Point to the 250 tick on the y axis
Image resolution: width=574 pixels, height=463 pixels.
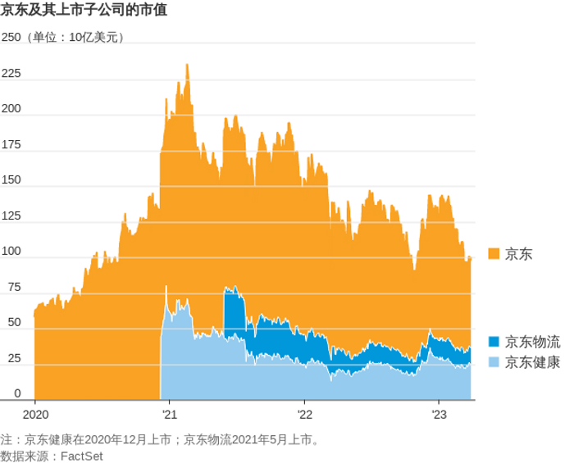[11, 38]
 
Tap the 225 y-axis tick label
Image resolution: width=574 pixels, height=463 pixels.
[11, 74]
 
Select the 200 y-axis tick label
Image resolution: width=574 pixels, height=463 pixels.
[11, 110]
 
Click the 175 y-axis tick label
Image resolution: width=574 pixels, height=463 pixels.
[11, 145]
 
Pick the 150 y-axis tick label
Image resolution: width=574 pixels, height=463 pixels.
[11, 180]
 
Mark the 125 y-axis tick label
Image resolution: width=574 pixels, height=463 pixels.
[11, 216]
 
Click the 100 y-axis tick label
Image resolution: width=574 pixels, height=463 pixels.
[11, 252]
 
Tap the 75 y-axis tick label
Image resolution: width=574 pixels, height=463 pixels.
[13, 288]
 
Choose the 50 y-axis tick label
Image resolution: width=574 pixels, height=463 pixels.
[13, 323]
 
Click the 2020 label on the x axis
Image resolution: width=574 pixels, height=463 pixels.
[35, 415]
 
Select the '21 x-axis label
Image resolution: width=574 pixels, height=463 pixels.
[169, 415]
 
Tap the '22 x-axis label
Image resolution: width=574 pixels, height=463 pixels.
[304, 415]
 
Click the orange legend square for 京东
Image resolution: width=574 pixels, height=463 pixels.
[494, 255]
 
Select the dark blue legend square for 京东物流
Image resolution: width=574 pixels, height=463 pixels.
[494, 342]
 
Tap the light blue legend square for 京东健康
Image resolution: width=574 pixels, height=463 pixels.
[494, 362]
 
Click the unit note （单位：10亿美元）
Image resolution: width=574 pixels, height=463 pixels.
[75, 38]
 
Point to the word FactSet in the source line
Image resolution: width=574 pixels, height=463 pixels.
[81, 455]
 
